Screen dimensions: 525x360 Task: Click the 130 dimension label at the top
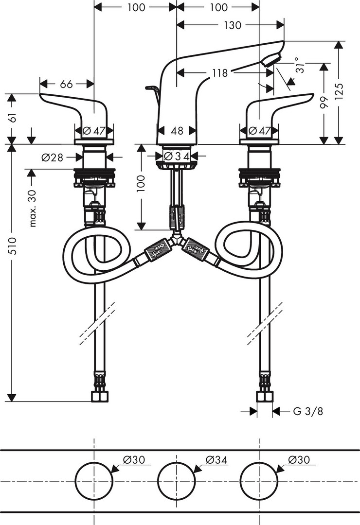[233, 26]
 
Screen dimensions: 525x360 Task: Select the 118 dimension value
[220, 73]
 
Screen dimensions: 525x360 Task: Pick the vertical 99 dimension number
[324, 102]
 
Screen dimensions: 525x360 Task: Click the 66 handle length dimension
[66, 84]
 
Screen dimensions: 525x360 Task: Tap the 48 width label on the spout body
[177, 131]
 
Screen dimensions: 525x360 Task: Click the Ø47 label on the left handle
[94, 131]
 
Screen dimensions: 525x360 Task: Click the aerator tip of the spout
[270, 60]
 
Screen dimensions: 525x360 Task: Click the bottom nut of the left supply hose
[100, 397]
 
